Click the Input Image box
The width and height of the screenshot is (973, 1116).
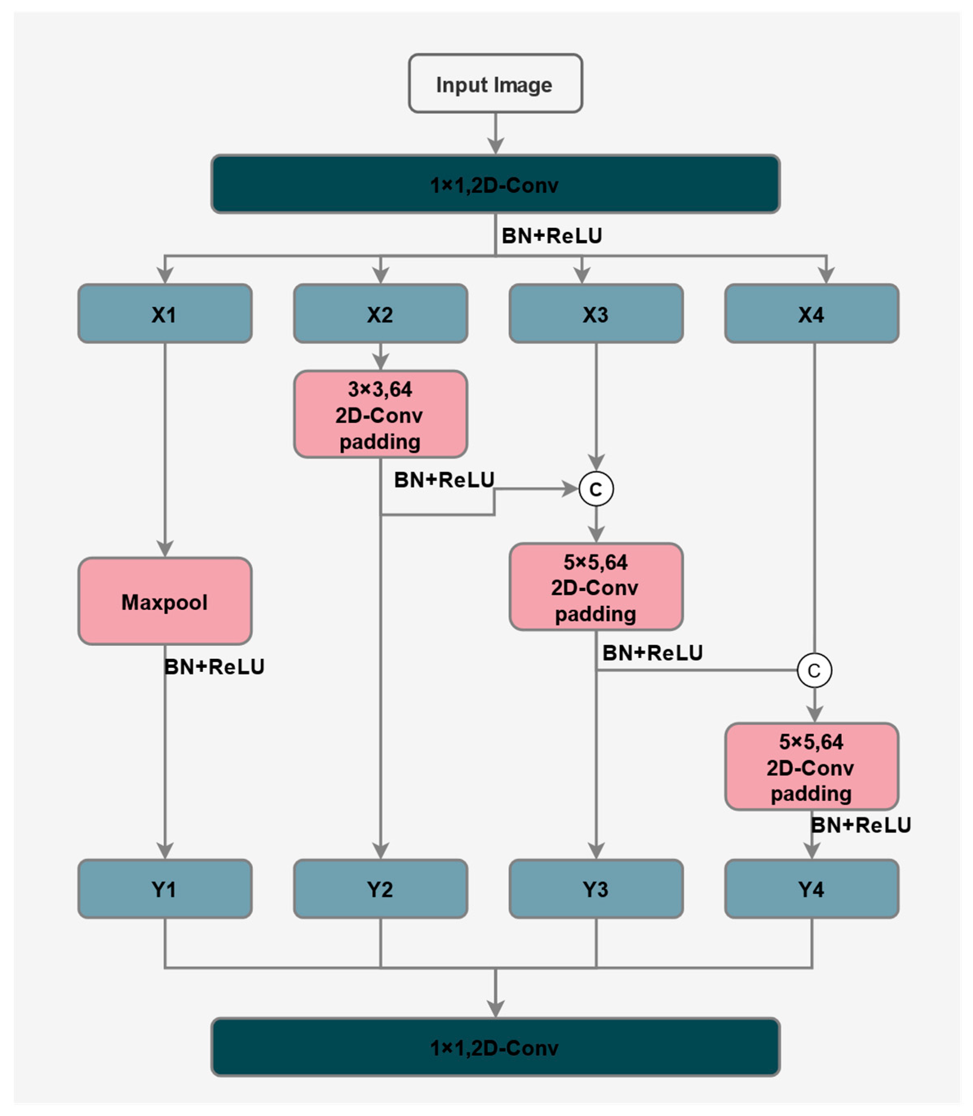tap(495, 84)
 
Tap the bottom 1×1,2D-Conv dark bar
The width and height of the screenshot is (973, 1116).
tap(495, 1047)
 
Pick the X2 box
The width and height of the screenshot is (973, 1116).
tap(380, 314)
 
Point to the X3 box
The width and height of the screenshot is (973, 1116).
tap(596, 314)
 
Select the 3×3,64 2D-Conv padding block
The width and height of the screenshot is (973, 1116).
tap(380, 415)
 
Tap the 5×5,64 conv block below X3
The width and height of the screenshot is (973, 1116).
tap(596, 587)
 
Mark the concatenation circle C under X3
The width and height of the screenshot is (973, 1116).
tap(596, 489)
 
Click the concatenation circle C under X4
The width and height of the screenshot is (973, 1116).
tap(814, 670)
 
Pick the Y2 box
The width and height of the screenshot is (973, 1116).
tap(380, 889)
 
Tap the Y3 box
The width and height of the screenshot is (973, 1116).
tap(596, 889)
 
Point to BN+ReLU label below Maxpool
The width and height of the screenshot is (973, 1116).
tap(215, 667)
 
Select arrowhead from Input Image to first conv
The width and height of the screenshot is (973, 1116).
tap(495, 146)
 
